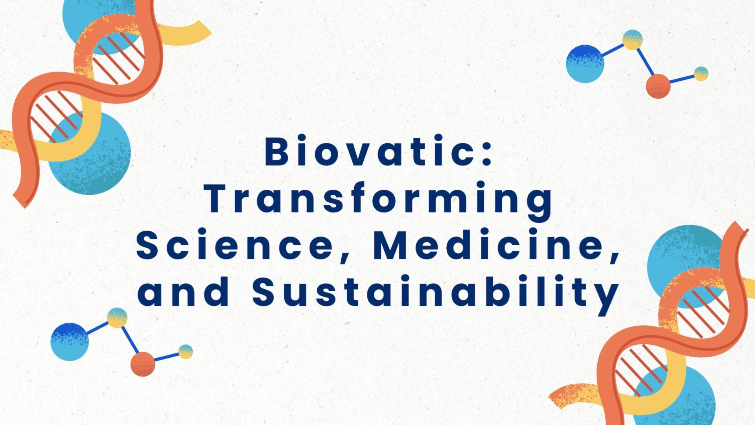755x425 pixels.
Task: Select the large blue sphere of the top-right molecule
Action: (x=585, y=64)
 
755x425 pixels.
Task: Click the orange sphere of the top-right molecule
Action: (x=658, y=86)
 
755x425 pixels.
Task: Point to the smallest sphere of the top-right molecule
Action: (x=701, y=74)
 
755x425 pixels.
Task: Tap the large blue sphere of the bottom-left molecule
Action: (x=70, y=342)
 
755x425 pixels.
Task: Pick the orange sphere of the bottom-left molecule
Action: (x=143, y=364)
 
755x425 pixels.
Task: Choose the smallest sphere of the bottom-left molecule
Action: (x=186, y=351)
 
